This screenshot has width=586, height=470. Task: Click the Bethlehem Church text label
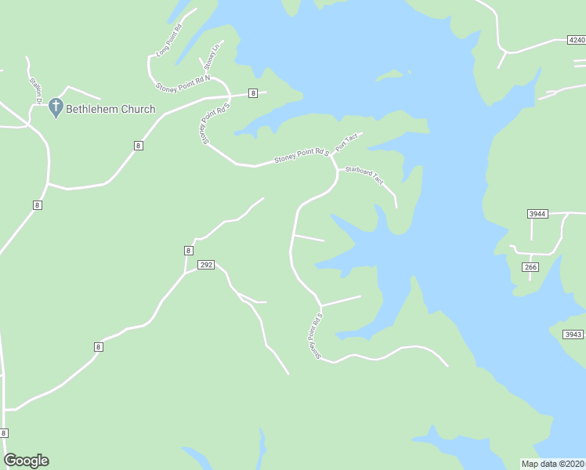[110, 109]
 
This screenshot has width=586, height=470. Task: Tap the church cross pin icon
[56, 107]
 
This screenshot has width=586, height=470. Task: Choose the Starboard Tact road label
[365, 175]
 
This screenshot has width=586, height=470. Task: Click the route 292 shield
[205, 266]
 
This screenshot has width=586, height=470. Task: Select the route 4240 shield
[576, 39]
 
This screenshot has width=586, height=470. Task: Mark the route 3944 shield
[537, 213]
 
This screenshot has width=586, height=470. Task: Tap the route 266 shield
[530, 267]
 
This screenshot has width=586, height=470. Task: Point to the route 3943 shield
[573, 334]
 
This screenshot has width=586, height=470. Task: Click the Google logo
[26, 461]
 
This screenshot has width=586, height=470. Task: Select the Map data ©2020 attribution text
[553, 464]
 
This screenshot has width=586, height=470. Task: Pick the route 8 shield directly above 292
[188, 251]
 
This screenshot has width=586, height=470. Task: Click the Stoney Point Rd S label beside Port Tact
[300, 157]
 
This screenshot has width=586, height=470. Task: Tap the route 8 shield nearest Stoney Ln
[252, 93]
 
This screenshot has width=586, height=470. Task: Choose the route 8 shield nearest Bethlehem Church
[138, 146]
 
